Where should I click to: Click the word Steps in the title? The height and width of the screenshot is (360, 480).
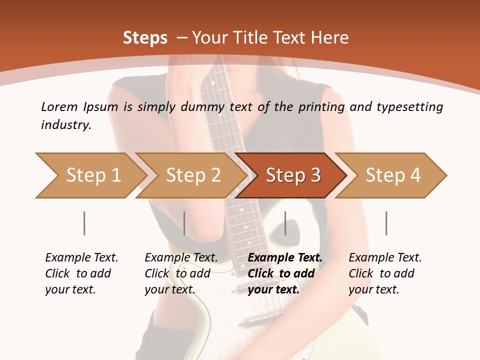[145, 38]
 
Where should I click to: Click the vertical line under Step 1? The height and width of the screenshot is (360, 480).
[84, 223]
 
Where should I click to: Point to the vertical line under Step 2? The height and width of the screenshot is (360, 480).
[184, 223]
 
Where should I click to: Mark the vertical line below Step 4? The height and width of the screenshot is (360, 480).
[386, 223]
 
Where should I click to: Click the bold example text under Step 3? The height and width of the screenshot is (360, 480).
[285, 273]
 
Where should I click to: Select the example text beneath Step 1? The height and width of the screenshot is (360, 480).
[81, 273]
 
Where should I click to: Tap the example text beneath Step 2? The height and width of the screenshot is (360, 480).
[181, 273]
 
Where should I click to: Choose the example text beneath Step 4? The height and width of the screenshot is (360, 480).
[385, 273]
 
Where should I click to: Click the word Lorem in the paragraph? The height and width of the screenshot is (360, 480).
[59, 106]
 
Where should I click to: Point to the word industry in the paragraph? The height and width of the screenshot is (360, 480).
[66, 125]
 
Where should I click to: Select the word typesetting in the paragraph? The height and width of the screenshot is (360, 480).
[409, 107]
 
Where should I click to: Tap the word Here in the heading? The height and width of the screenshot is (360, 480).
[331, 38]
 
